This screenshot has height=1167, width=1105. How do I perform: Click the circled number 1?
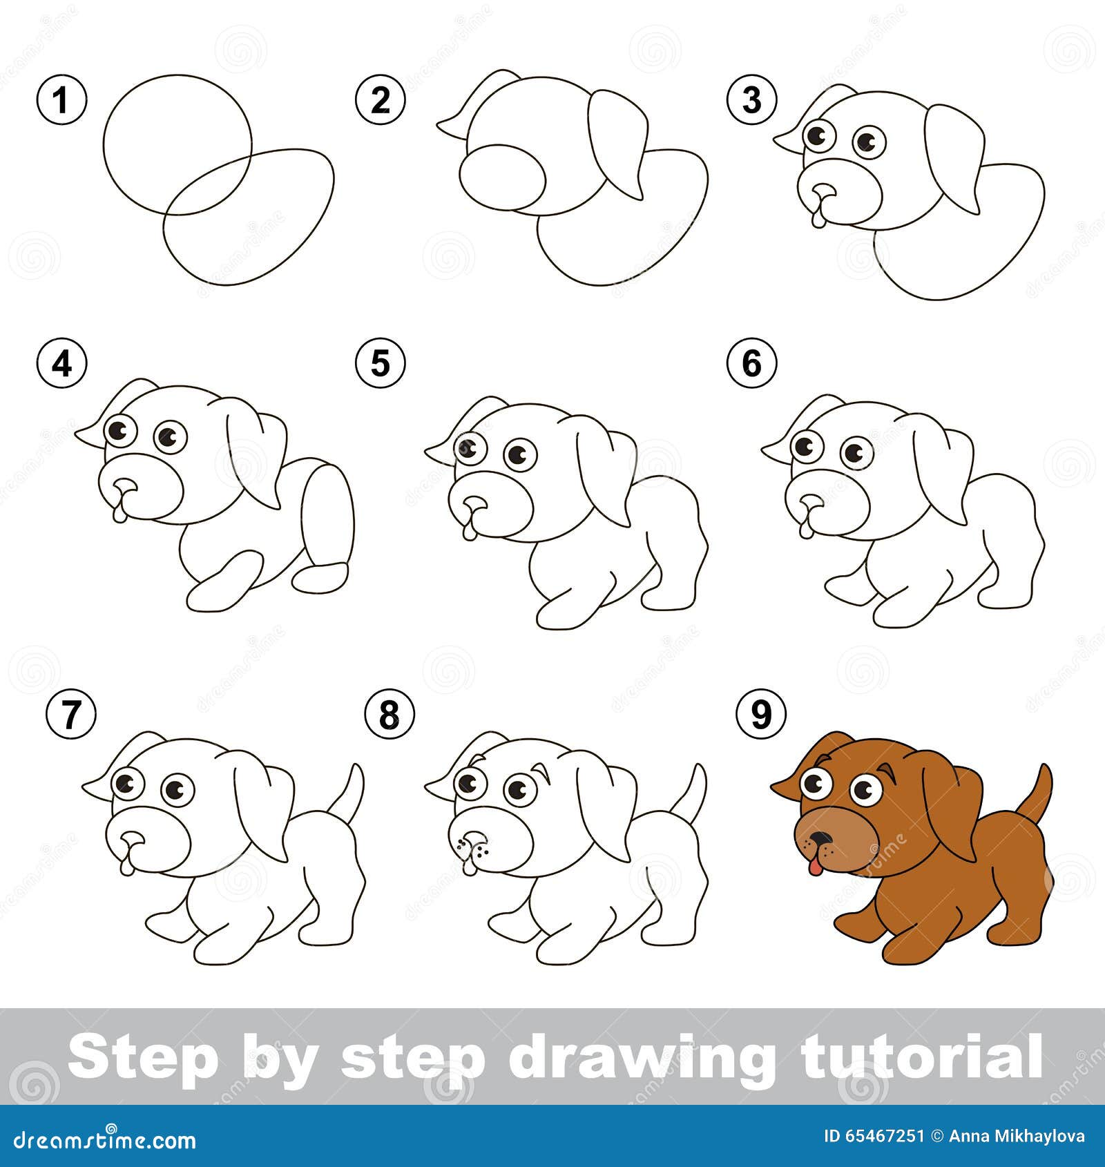[61, 101]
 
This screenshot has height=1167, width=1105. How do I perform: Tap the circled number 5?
[381, 363]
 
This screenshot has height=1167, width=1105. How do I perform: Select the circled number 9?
[760, 713]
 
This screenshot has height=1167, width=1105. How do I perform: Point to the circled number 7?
[71, 715]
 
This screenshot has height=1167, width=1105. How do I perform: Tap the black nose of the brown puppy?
[820, 839]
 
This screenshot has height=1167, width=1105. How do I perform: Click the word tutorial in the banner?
[922, 1056]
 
